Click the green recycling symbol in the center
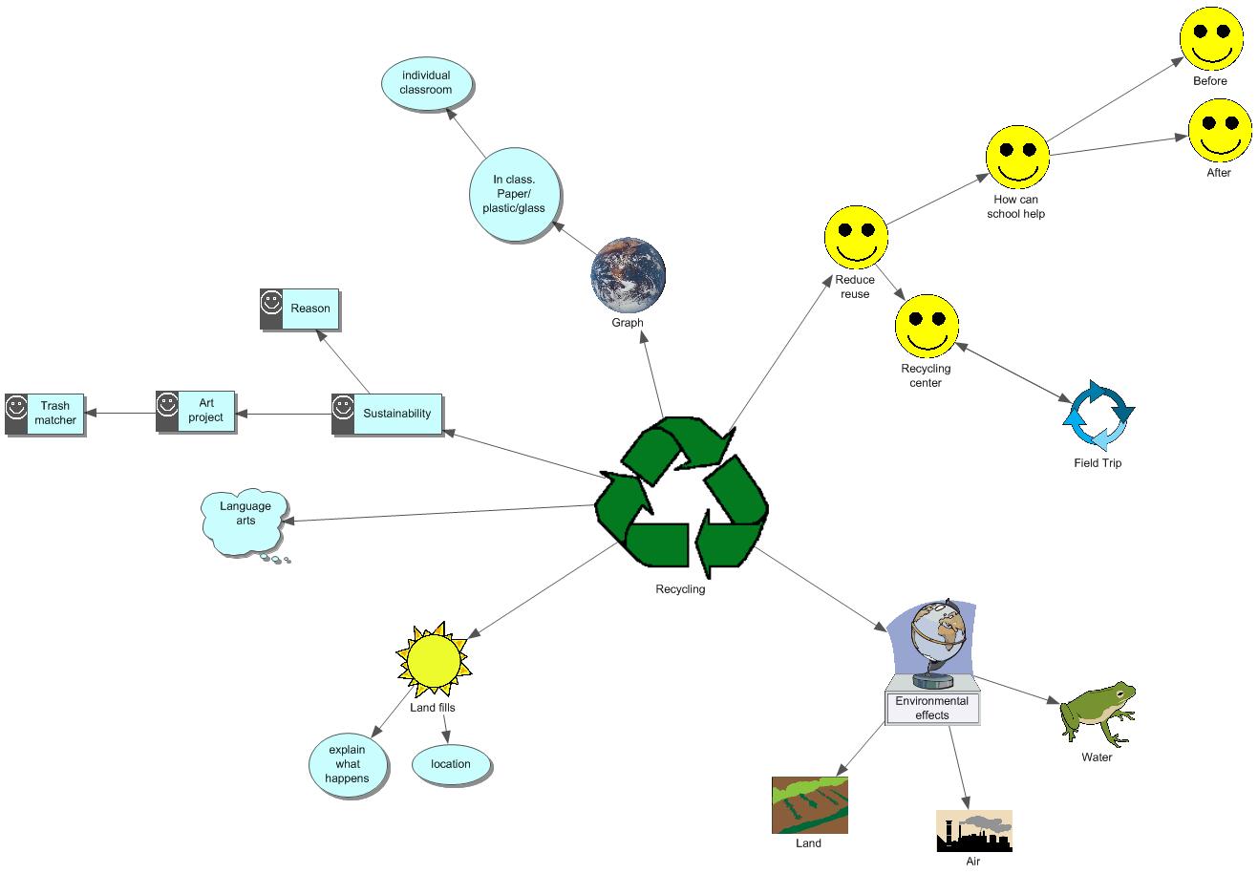coord(681,497)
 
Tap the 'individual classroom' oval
coord(426,83)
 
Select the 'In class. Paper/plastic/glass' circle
coord(519,194)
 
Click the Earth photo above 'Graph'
coord(628,275)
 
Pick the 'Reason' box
coord(300,309)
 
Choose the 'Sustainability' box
coord(388,414)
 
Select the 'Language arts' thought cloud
coord(245,522)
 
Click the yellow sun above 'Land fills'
coord(433,661)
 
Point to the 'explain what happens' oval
coord(348,764)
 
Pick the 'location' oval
coord(451,764)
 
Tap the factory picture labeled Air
coord(973,831)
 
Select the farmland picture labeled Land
coord(809,805)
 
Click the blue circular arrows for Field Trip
coord(1098,416)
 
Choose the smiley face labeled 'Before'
coord(1211,38)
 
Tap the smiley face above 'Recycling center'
coord(926,327)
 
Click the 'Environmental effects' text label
coord(931,708)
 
